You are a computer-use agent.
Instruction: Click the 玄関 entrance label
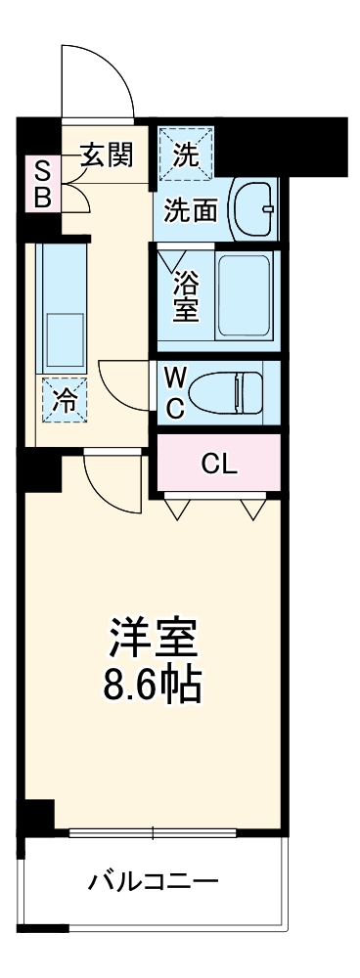pyautogui.click(x=107, y=154)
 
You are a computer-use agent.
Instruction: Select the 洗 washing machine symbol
pyautogui.click(x=185, y=153)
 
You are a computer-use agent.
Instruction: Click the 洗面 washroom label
pyautogui.click(x=190, y=210)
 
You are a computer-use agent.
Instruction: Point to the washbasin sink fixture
pyautogui.click(x=253, y=208)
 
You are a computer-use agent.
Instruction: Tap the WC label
pyautogui.click(x=176, y=393)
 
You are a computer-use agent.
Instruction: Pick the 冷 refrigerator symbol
pyautogui.click(x=64, y=401)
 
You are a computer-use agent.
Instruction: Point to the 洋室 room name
pyautogui.click(x=153, y=640)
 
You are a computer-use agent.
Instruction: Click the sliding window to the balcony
pyautogui.click(x=154, y=833)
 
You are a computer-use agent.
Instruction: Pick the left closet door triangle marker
pyautogui.click(x=177, y=508)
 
